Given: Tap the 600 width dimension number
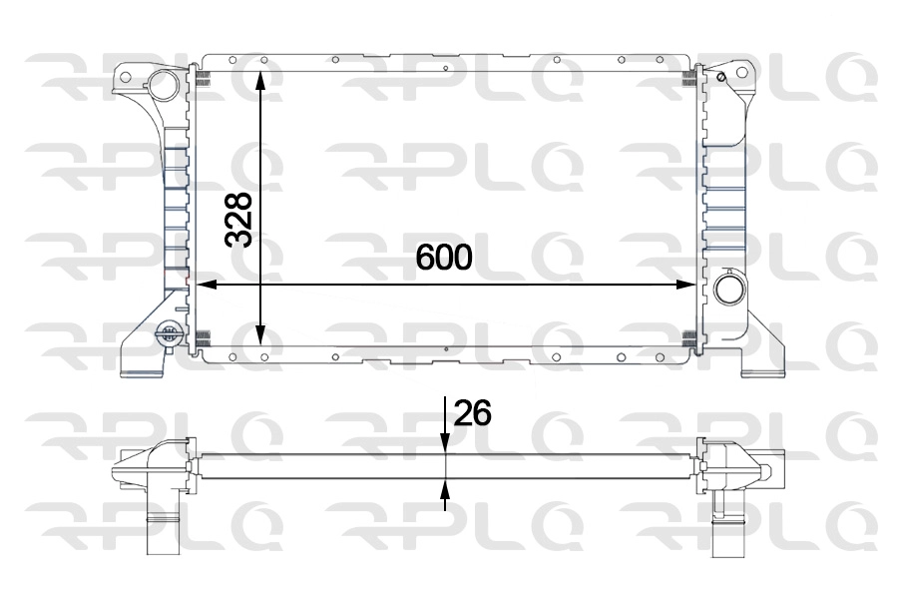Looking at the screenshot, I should coord(443,258).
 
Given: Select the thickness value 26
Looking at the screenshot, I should coord(472,412).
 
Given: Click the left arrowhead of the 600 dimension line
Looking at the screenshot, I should coord(208,286).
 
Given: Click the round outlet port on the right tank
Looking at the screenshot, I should coord(729,291).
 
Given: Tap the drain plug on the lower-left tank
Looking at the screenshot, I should coord(169,333).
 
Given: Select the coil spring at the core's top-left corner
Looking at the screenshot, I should coord(201,76).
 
